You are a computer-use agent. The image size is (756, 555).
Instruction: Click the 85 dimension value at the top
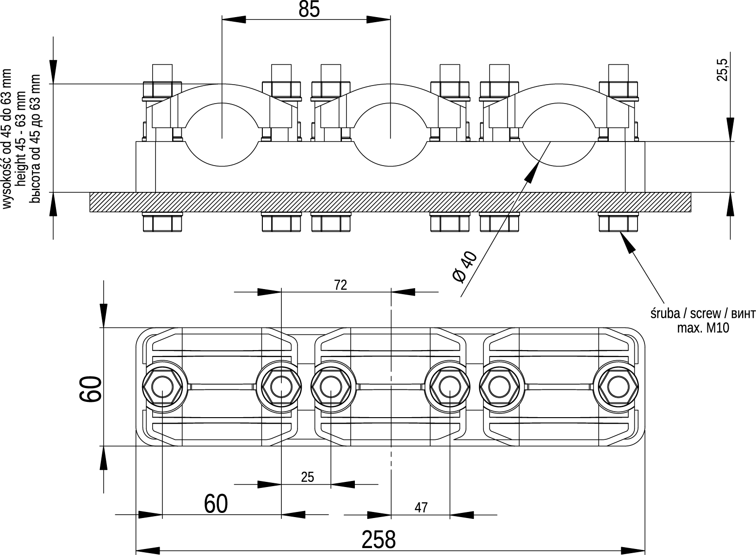point(309,9)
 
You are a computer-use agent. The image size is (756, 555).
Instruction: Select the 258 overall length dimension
point(378,539)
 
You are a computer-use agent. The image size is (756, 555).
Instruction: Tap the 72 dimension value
point(341,285)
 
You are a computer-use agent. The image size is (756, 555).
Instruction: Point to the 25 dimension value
point(307,477)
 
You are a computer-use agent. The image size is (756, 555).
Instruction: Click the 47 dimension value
point(421,507)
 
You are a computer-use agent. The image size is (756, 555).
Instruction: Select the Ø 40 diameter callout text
point(465,267)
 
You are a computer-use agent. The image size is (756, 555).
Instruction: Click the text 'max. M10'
point(703,328)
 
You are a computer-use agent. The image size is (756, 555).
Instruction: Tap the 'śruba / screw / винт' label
point(703,314)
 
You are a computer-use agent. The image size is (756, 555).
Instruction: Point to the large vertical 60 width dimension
point(91,388)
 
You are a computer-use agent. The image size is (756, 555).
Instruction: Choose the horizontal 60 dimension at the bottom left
point(216,504)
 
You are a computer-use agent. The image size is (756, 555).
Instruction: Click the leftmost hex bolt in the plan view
point(162,387)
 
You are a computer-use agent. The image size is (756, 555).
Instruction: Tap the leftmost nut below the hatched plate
point(162,222)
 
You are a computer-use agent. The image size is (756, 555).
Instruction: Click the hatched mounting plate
point(390,202)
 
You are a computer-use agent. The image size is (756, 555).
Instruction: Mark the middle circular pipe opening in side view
point(390,134)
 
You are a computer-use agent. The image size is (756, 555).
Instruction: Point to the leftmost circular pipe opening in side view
point(222,134)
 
